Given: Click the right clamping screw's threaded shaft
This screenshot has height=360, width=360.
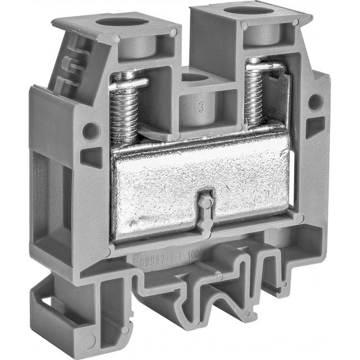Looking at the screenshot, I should click(254, 96).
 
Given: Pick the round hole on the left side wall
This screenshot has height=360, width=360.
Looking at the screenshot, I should click(90, 131).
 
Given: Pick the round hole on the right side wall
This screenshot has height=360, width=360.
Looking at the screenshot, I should click(315, 102).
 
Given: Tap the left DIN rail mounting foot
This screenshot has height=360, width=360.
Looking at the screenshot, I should click(62, 315).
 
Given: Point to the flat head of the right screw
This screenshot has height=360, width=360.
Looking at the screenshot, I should click(264, 66).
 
